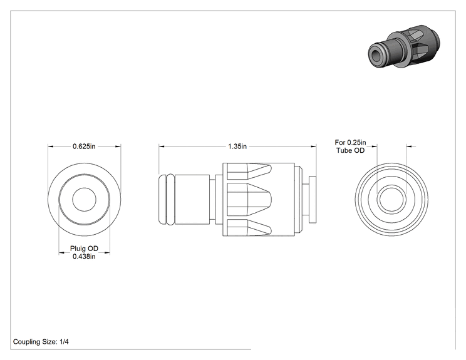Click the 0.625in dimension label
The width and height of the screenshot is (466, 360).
84,147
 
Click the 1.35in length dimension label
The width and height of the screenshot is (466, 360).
237,147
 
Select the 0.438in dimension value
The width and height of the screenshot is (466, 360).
84,256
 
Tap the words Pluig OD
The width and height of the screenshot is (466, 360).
84,249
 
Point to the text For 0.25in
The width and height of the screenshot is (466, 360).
350,143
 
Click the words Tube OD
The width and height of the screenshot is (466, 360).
350,150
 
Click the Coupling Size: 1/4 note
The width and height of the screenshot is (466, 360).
41,342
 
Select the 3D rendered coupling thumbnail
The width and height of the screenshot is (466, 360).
404,46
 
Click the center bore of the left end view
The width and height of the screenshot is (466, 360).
85,200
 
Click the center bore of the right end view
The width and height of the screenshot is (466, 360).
391,200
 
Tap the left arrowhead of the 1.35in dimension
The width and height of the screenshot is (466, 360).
162,146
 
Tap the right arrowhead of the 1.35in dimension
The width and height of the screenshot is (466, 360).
314,146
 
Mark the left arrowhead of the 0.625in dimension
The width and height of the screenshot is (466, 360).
51,146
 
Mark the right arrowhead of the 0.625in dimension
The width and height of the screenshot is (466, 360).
118,146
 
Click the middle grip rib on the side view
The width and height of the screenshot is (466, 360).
249,199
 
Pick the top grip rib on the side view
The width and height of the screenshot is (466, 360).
249,172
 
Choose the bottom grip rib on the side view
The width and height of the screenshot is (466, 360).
249,227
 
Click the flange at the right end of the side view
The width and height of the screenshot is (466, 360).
313,199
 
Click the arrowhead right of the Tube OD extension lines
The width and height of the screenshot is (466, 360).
409,146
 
